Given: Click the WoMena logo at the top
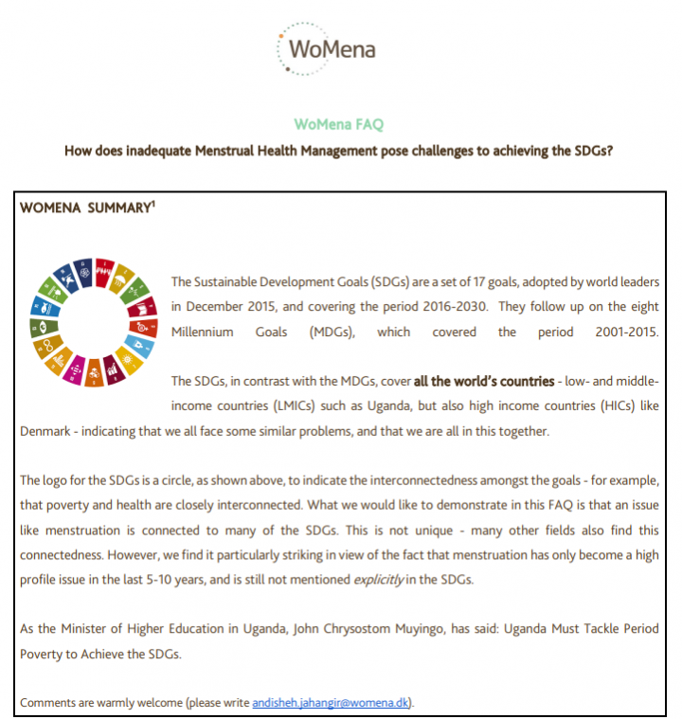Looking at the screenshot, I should [327, 45].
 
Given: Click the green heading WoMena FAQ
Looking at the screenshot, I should [338, 124].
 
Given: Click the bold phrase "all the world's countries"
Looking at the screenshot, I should [484, 381].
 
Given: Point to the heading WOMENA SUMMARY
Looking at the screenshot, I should [84, 207].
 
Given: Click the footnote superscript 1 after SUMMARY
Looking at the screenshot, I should [153, 204].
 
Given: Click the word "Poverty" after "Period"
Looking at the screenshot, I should [41, 654].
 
